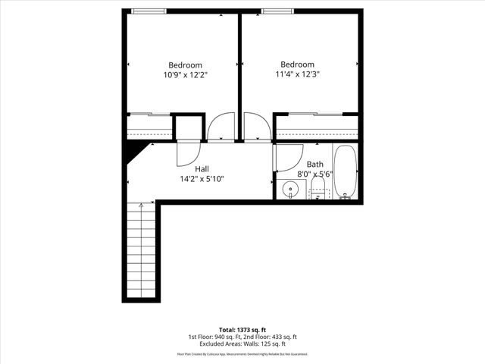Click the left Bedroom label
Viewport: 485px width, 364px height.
click(x=185, y=64)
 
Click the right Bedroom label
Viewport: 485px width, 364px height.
click(x=297, y=64)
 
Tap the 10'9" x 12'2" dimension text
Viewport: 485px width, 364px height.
click(x=185, y=75)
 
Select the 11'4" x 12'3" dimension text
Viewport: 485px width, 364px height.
click(x=297, y=75)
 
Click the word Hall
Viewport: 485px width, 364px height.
click(x=202, y=168)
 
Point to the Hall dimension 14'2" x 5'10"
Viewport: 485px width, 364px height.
click(x=202, y=179)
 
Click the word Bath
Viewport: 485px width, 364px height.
click(x=314, y=164)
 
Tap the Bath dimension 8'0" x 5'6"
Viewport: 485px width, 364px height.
click(x=316, y=174)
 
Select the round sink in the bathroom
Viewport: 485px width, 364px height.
click(x=289, y=190)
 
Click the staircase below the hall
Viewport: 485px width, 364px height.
click(x=142, y=250)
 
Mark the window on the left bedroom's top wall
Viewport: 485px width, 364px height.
click(x=148, y=11)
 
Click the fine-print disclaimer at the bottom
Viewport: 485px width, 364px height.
click(x=242, y=354)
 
